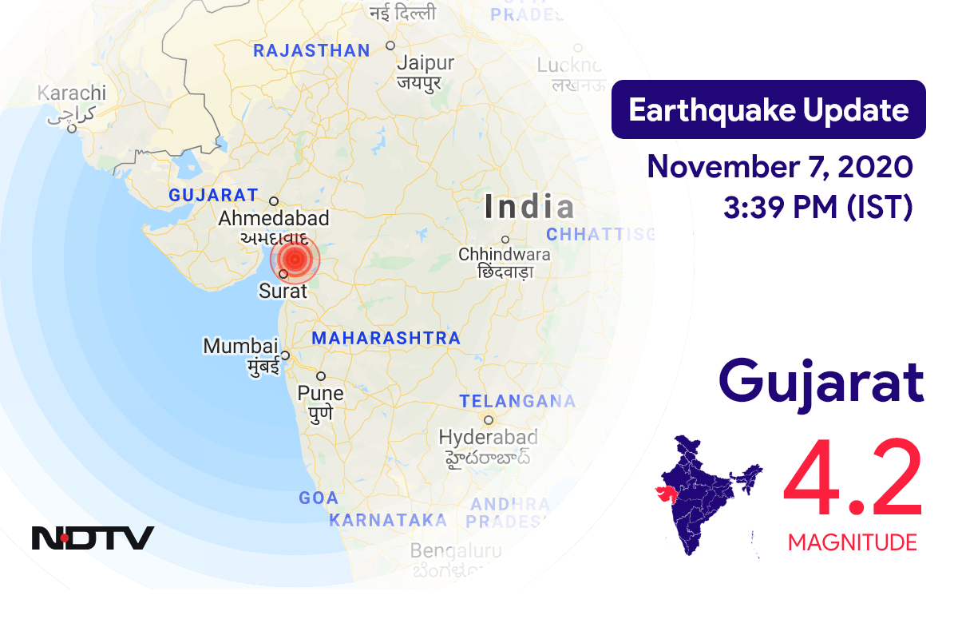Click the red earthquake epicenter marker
pyautogui.click(x=295, y=259)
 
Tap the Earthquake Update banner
pyautogui.click(x=768, y=109)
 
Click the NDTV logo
pyautogui.click(x=93, y=538)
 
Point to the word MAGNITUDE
pyautogui.click(x=852, y=543)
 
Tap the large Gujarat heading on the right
pyautogui.click(x=821, y=383)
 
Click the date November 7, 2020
pyautogui.click(x=779, y=168)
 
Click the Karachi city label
pyautogui.click(x=71, y=93)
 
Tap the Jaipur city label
pyautogui.click(x=425, y=63)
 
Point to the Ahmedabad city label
pyautogui.click(x=274, y=218)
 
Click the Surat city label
pyautogui.click(x=283, y=292)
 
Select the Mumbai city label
pyautogui.click(x=240, y=347)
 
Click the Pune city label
pyautogui.click(x=320, y=393)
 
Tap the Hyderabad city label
pyautogui.click(x=488, y=437)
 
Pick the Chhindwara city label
pyautogui.click(x=504, y=254)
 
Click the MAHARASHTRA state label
pyautogui.click(x=386, y=338)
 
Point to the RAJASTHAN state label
pyautogui.click(x=311, y=51)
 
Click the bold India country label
pyautogui.click(x=528, y=208)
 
